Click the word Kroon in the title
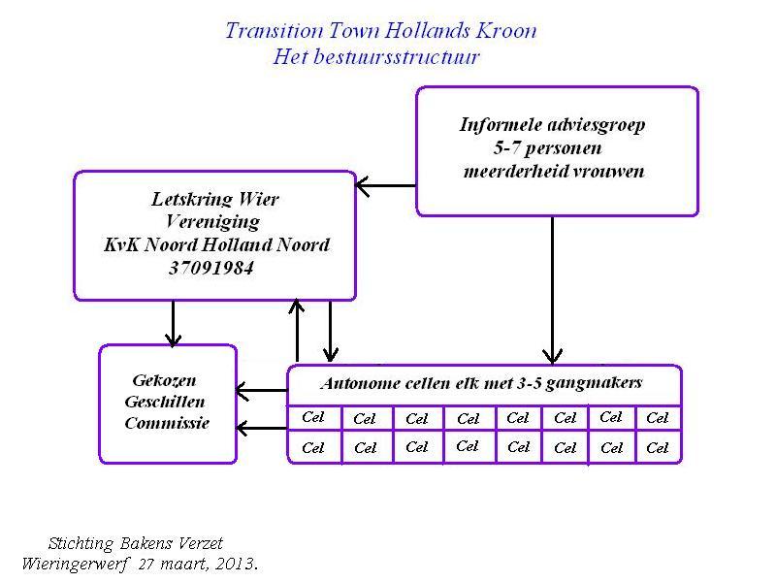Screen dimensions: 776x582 (x=506, y=31)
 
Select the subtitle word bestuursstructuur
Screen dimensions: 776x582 (x=397, y=56)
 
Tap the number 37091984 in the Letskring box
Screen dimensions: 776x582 (x=211, y=268)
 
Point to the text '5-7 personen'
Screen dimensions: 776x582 (x=547, y=148)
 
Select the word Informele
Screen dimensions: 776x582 (x=501, y=124)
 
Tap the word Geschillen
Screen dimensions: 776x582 (x=165, y=402)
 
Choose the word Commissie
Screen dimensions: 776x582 (x=167, y=423)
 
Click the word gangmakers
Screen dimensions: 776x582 (x=594, y=383)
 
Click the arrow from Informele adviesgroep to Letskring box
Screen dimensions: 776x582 (x=386, y=186)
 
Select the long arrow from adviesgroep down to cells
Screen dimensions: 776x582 (x=552, y=290)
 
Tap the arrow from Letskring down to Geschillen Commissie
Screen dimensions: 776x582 (x=174, y=323)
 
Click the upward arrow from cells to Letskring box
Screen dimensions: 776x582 (x=297, y=330)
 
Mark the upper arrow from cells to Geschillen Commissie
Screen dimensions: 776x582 (x=262, y=391)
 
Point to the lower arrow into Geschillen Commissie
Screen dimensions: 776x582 (x=262, y=428)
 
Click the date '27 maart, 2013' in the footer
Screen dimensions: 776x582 (x=198, y=564)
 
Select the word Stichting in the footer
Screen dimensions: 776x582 (x=81, y=543)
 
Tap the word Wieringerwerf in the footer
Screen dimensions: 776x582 (x=76, y=565)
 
